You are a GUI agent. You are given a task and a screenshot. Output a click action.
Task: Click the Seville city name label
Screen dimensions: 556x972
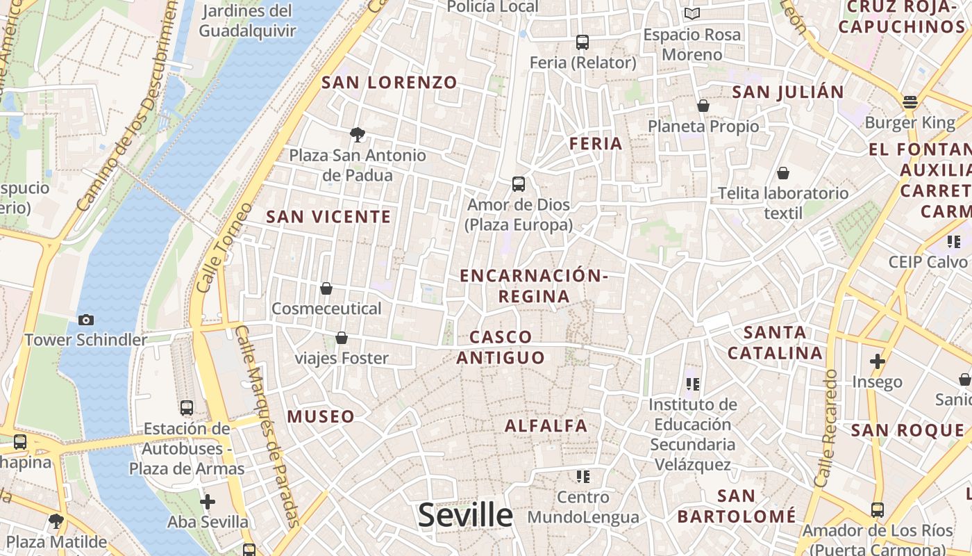(465, 515)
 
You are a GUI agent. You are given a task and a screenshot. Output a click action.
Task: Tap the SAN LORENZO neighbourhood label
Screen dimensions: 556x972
(389, 83)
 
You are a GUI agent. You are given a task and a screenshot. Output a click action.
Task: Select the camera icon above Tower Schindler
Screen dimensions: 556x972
(86, 320)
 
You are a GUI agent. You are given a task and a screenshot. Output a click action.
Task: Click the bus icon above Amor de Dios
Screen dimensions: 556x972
(519, 184)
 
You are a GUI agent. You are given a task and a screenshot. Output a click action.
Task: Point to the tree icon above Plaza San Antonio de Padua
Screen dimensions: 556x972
(358, 134)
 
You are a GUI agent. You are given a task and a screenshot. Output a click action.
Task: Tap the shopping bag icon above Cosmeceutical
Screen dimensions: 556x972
(326, 288)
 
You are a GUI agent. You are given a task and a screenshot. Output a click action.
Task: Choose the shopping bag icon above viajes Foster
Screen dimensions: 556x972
(342, 338)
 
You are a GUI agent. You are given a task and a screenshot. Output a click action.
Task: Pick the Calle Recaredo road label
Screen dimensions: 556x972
(827, 427)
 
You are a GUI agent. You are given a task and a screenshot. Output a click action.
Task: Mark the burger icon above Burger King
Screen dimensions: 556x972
(910, 102)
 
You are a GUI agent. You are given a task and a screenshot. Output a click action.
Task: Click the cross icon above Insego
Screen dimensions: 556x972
(878, 361)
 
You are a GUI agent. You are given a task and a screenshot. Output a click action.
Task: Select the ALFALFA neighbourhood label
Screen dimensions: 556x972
(546, 426)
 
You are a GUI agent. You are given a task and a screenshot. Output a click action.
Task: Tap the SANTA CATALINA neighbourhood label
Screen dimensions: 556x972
(775, 343)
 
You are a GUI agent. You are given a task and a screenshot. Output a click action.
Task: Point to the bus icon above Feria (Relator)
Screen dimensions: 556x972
(583, 42)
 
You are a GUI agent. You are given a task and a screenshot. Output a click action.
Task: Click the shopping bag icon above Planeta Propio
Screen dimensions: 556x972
(703, 106)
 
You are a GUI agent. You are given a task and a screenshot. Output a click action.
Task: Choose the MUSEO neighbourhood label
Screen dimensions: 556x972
(321, 417)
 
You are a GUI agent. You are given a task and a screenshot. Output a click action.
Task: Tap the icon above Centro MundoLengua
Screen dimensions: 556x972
(583, 477)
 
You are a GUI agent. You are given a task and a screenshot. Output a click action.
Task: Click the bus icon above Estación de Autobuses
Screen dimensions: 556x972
(187, 408)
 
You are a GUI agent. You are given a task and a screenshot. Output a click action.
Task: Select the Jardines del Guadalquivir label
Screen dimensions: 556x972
(247, 21)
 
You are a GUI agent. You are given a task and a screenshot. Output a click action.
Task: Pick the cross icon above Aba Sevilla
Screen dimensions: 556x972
(207, 501)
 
